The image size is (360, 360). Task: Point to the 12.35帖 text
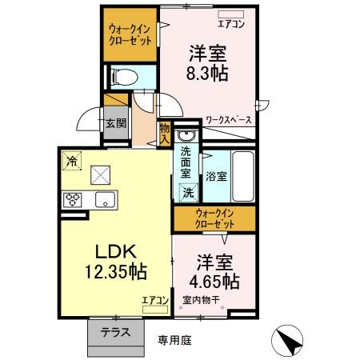point(117,271)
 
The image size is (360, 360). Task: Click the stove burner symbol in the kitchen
point(74,200)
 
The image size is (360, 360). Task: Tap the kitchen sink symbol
point(105,199)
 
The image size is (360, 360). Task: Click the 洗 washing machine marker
point(188,193)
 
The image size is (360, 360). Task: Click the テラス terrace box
point(115,332)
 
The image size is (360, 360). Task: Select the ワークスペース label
point(229,120)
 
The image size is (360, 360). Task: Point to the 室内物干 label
point(201,300)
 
